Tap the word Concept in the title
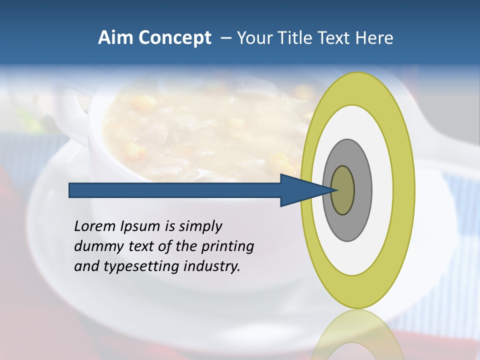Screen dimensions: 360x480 175,38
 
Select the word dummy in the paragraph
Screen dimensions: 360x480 95,246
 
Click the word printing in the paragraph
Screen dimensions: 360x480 227,247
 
